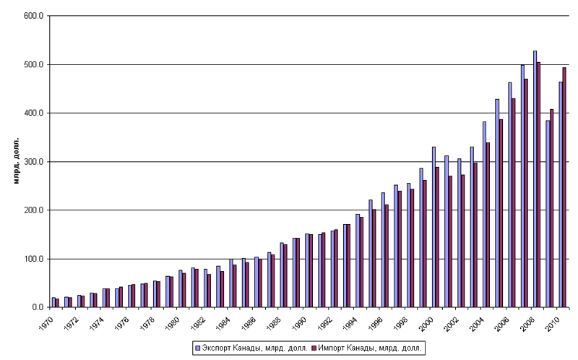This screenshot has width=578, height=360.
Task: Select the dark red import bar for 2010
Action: point(564,187)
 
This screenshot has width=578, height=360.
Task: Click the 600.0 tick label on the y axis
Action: point(34,16)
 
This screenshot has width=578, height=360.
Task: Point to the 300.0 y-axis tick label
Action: point(34,162)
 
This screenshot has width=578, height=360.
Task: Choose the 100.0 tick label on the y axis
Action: point(34,259)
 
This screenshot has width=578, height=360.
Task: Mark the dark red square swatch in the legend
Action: point(316,348)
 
